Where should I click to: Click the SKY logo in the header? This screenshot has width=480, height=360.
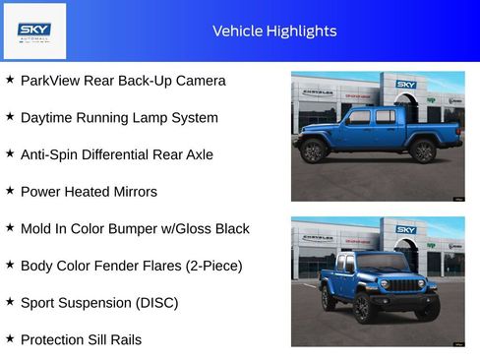click(x=34, y=30)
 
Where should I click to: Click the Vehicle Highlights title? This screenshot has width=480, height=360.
click(x=274, y=31)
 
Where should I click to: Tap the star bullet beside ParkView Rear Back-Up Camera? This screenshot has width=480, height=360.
click(x=10, y=80)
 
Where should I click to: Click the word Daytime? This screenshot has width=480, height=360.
click(x=48, y=118)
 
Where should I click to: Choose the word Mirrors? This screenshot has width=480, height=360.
click(x=132, y=192)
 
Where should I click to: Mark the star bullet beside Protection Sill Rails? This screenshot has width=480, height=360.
click(x=10, y=338)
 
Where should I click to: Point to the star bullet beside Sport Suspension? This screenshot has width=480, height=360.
click(x=10, y=302)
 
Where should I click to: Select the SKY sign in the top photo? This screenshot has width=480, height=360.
click(x=406, y=85)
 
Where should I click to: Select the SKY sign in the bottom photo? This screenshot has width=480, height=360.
click(x=406, y=230)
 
